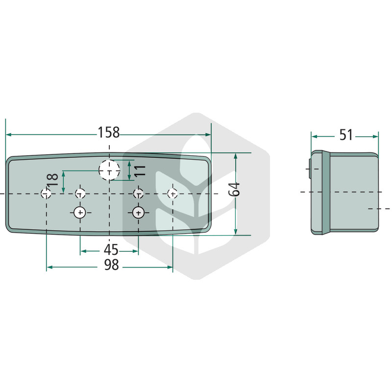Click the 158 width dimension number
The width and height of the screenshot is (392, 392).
click(108, 132)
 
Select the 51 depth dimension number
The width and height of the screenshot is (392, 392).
click(346, 135)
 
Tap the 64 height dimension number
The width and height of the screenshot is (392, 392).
click(234, 189)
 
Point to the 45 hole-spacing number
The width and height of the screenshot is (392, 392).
click(111, 249)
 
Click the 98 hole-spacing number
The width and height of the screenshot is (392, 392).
click(112, 265)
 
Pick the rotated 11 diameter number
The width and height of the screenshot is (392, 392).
click(140, 171)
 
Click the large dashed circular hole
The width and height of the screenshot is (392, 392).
click(109, 170)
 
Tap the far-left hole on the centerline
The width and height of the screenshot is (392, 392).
click(46, 193)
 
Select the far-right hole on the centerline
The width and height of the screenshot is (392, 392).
click(172, 193)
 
